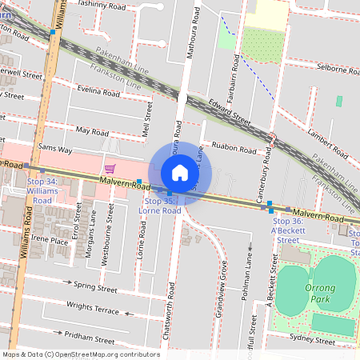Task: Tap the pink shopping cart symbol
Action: tap(110, 168)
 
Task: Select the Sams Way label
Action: tap(54, 150)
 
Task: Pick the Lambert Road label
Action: tap(325, 134)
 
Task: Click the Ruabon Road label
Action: tap(234, 149)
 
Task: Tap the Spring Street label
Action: tap(94, 286)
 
